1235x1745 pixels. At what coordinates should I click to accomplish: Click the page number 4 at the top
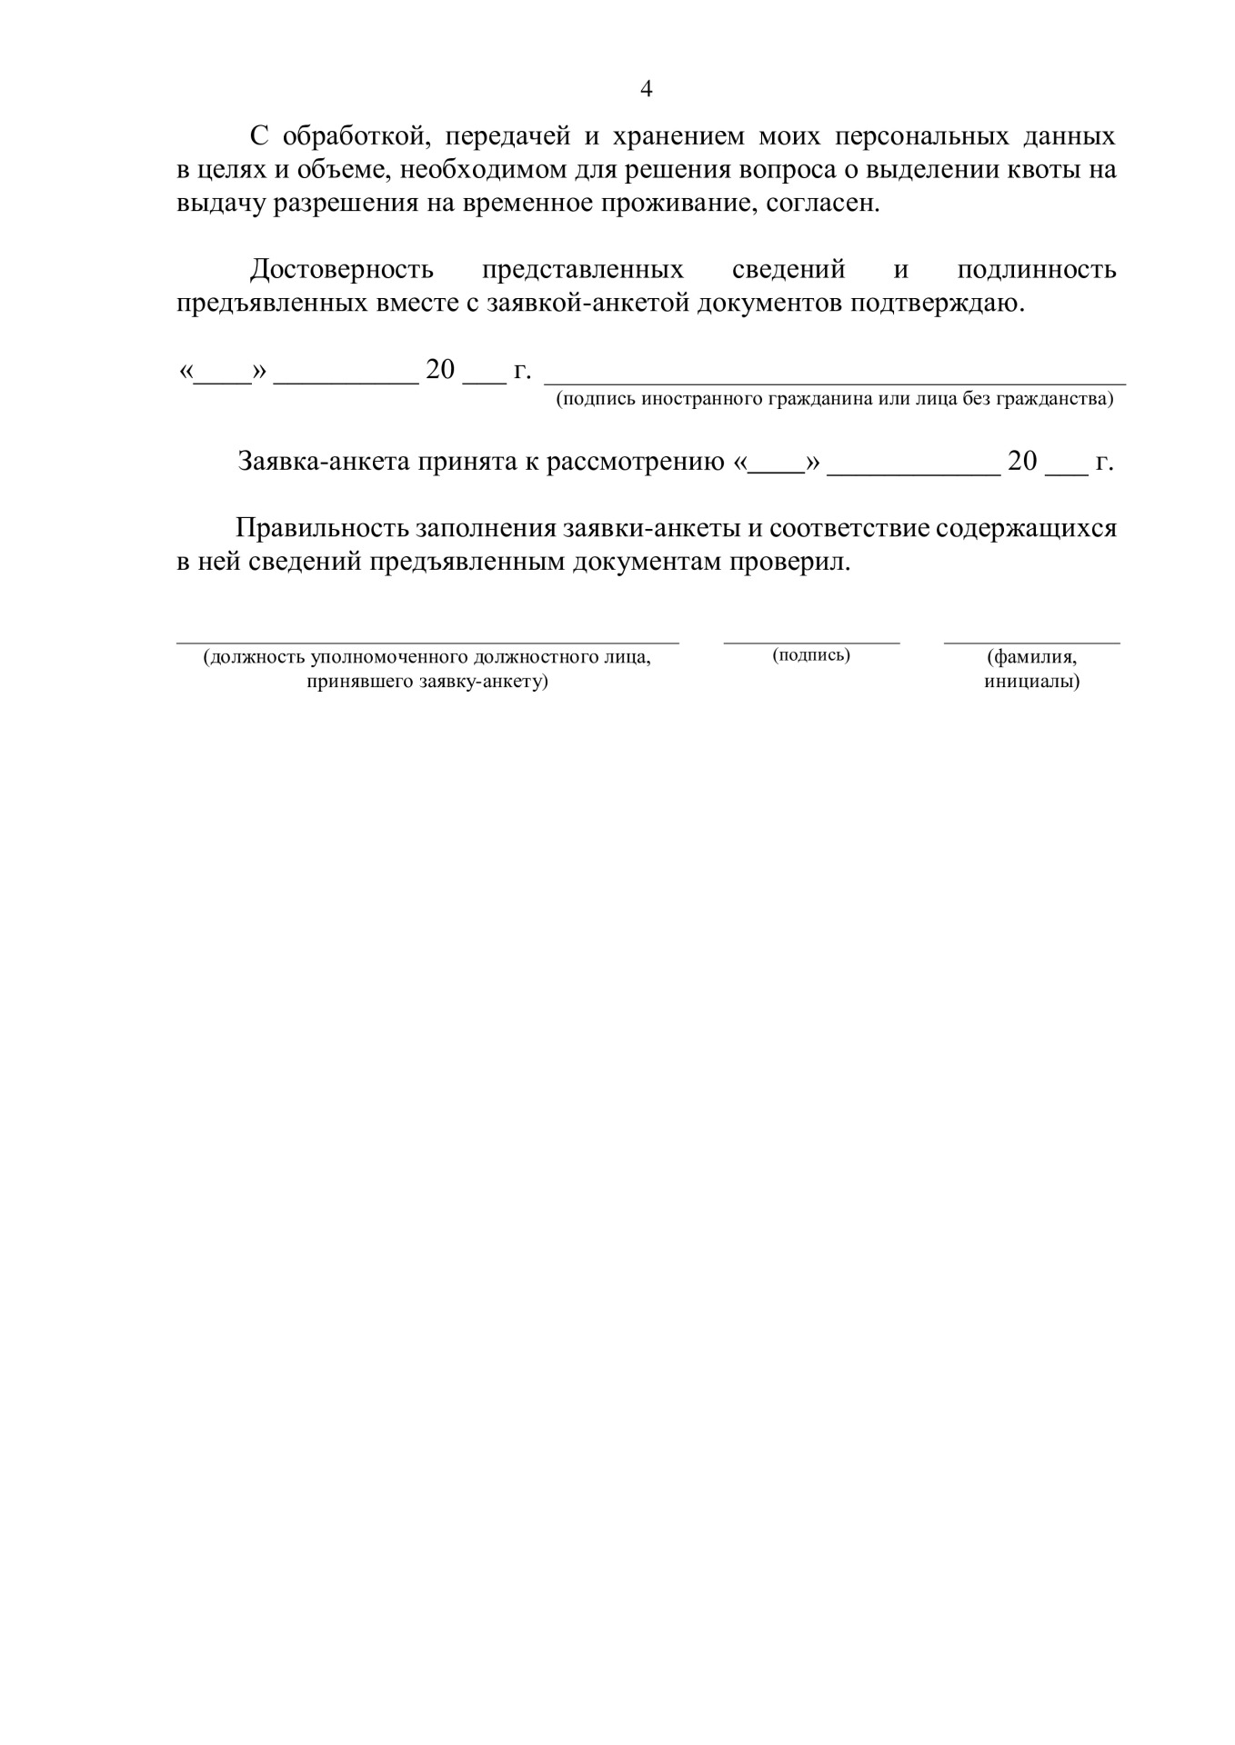(647, 89)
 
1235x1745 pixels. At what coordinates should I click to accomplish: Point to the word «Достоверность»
(342, 270)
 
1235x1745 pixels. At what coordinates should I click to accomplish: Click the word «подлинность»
(1037, 270)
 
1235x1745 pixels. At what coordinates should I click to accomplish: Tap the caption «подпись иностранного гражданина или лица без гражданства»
(834, 399)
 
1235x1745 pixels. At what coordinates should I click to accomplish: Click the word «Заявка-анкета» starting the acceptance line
(323, 462)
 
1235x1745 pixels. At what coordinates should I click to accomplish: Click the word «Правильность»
(321, 528)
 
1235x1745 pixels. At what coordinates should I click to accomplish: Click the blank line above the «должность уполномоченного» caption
(427, 642)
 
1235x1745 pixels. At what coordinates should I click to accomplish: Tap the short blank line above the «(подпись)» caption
(811, 642)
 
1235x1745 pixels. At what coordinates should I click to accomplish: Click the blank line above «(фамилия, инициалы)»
(1031, 642)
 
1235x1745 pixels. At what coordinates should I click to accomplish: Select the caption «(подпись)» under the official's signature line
(811, 655)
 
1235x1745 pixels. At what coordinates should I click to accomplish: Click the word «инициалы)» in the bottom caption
(1031, 682)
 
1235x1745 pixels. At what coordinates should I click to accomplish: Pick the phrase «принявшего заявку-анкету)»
(427, 682)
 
